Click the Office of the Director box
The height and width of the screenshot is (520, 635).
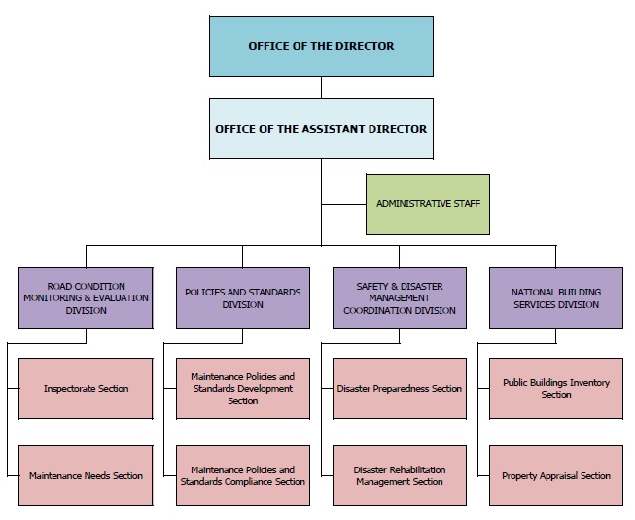coord(321,46)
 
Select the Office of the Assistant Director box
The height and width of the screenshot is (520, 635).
coord(321,129)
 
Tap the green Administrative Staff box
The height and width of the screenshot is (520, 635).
coord(428,204)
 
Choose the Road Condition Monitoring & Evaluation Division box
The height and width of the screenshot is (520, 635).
coord(86,297)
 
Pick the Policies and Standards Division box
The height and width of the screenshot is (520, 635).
coord(243,297)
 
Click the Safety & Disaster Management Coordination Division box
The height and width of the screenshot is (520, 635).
coord(400,297)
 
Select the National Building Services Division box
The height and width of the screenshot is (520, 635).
coord(556,297)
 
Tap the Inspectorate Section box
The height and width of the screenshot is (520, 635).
coord(86,389)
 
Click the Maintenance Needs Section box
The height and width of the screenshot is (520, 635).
coord(86,476)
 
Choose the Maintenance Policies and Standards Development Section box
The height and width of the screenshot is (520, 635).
coord(243,389)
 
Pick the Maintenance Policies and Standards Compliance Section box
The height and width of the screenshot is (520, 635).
coord(243,476)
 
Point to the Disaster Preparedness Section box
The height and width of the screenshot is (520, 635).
coord(400,389)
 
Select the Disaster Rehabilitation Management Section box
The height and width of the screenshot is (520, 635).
coord(400,476)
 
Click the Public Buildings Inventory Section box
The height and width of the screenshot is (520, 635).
coord(556,389)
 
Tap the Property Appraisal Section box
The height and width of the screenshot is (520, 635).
coord(556,476)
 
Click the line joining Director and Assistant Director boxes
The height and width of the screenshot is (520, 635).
coord(321,87)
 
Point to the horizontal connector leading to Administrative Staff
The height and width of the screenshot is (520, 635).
coord(344,204)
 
